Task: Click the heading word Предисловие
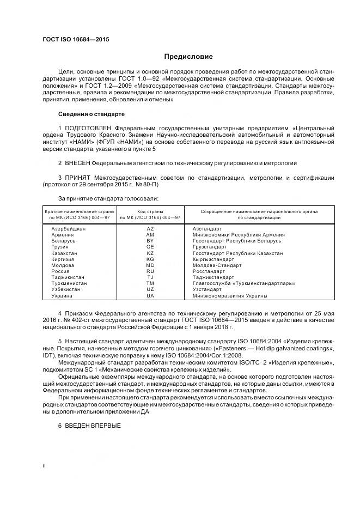pos(188,57)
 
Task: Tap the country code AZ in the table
pos(150,229)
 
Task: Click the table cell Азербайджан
pos(68,229)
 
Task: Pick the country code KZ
pos(150,253)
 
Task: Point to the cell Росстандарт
pos(209,271)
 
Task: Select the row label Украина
pos(62,295)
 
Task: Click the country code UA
pos(150,295)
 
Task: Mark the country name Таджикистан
pos(68,277)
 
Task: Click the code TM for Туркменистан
pos(150,283)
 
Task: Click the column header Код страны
pos(150,211)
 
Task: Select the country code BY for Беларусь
pos(150,241)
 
